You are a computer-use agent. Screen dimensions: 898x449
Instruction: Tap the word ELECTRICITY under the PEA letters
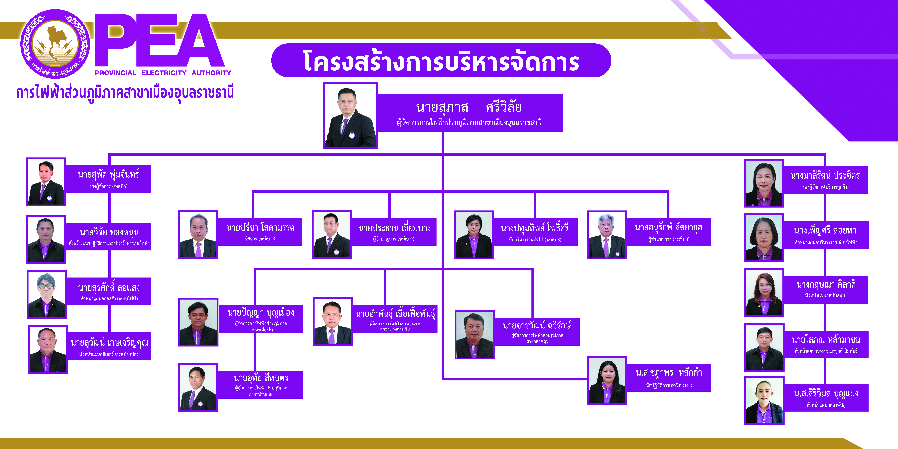tap(164, 73)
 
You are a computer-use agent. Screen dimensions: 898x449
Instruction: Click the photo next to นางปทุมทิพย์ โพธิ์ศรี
tap(473, 235)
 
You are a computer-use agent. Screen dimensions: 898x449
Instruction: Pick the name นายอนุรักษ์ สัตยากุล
tap(668, 228)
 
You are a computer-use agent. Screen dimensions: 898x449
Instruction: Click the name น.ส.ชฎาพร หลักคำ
tap(669, 373)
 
